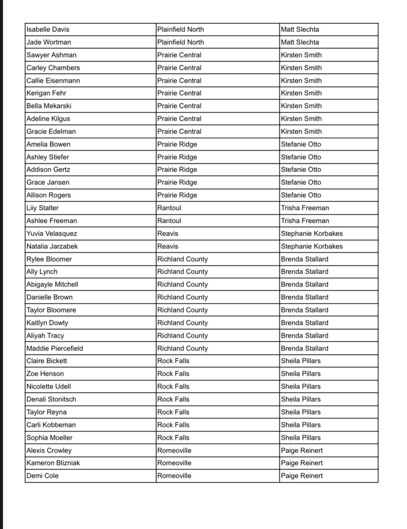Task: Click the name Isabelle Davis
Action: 48,30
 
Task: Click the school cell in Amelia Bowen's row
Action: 177,144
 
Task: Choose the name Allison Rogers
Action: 48,195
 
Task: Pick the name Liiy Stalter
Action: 42,208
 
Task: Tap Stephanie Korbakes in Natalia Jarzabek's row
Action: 311,246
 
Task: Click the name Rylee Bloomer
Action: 49,259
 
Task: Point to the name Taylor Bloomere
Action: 51,310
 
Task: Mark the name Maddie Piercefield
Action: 55,348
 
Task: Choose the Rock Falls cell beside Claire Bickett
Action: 173,361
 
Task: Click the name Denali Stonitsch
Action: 51,399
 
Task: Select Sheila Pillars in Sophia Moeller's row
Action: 300,438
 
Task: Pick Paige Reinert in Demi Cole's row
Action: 301,476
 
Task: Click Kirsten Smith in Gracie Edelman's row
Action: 301,131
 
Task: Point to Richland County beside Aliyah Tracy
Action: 182,335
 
